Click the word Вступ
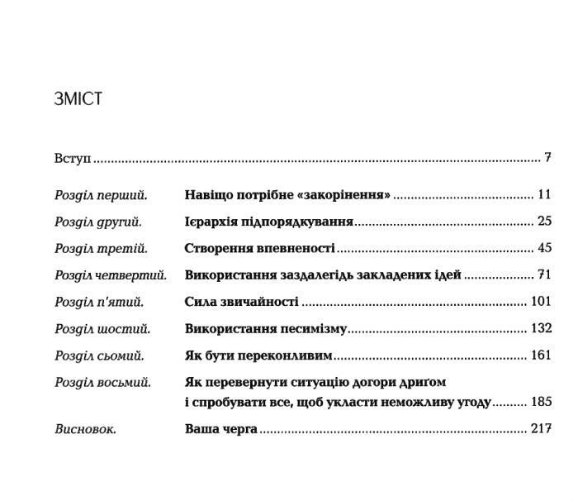pyautogui.click(x=71, y=157)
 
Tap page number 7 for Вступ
pyautogui.click(x=547, y=156)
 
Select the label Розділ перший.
pyautogui.click(x=100, y=196)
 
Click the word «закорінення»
pyautogui.click(x=347, y=196)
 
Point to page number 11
pyautogui.click(x=543, y=196)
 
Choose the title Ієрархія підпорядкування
pyautogui.click(x=269, y=222)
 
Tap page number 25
pyautogui.click(x=543, y=222)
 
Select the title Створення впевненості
pyautogui.click(x=259, y=248)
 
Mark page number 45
pyautogui.click(x=543, y=248)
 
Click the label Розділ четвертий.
pyautogui.click(x=111, y=275)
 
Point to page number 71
pyautogui.click(x=543, y=275)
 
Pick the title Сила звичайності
pyautogui.click(x=241, y=302)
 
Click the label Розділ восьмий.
pyautogui.click(x=102, y=382)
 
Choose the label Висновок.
pyautogui.click(x=85, y=430)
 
